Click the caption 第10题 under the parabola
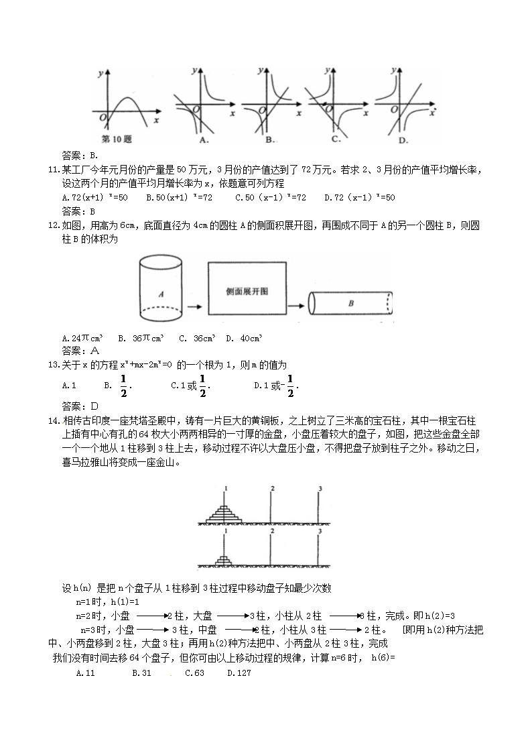pyautogui.click(x=115, y=139)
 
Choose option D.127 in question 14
pyautogui.click(x=239, y=673)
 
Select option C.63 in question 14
pyautogui.click(x=194, y=673)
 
